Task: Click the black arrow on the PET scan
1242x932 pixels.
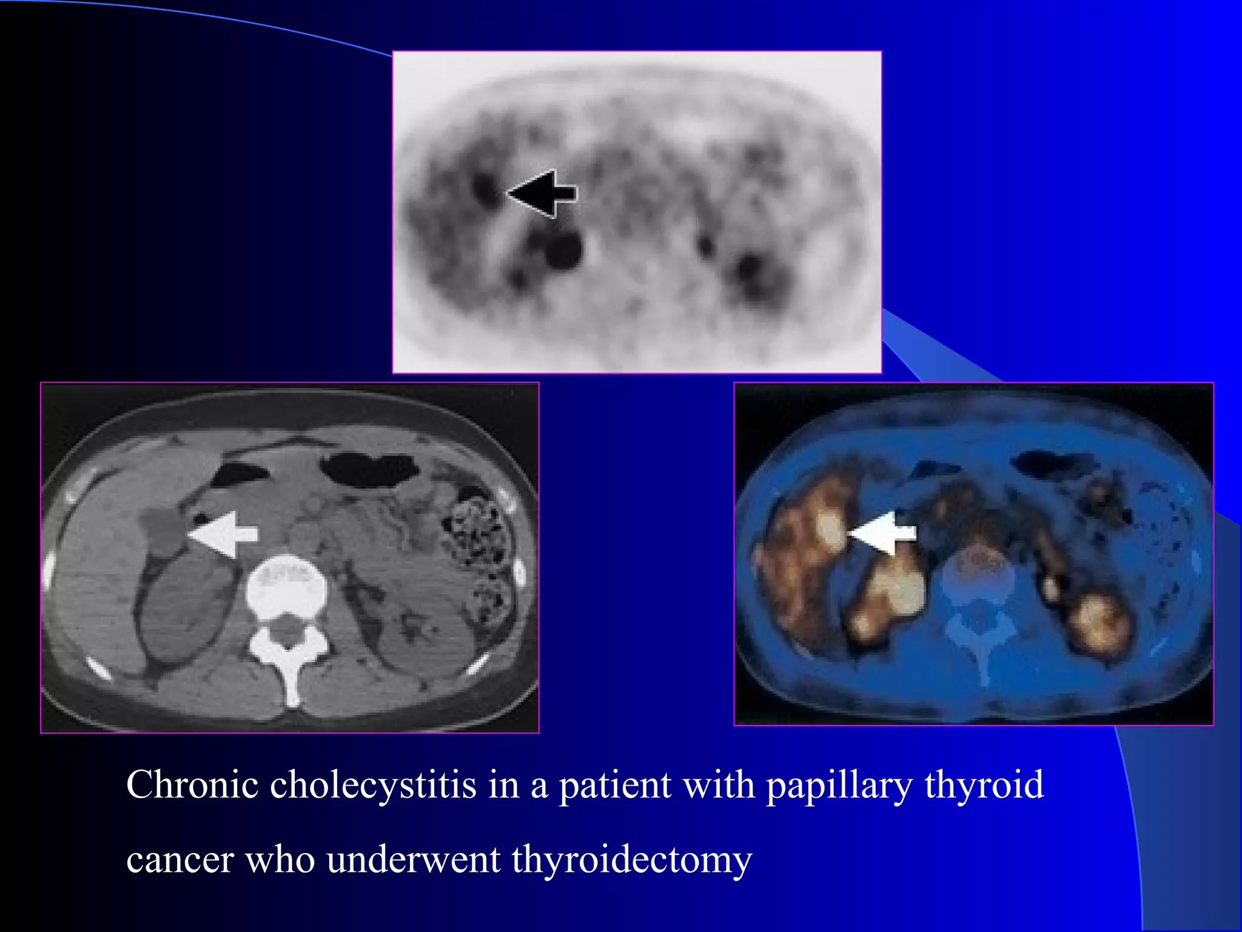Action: click(x=542, y=194)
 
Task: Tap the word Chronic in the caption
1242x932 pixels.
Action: click(x=192, y=785)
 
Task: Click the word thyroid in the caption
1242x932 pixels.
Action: click(x=984, y=785)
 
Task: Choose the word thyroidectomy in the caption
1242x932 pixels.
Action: click(x=631, y=860)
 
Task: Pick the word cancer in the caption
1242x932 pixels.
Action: click(x=180, y=860)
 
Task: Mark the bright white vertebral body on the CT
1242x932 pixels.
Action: click(x=286, y=586)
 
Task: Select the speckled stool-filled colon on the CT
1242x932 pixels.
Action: click(x=476, y=528)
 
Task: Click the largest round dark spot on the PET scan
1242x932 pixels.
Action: click(x=564, y=249)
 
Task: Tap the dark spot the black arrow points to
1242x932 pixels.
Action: click(x=486, y=190)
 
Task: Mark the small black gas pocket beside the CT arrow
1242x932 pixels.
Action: click(x=198, y=518)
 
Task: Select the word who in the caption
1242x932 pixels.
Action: click(x=280, y=860)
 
